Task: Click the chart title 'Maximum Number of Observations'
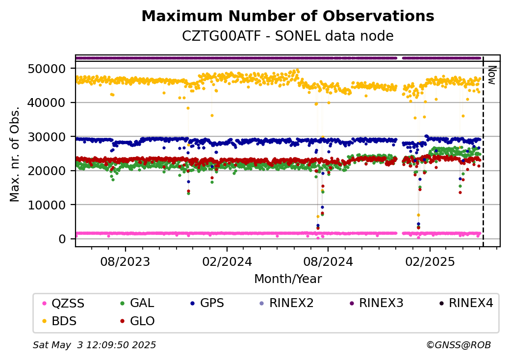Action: point(288,16)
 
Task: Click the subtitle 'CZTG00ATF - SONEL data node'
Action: point(288,36)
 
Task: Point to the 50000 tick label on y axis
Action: point(47,69)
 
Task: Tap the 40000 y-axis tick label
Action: point(47,103)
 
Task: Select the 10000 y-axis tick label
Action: point(47,205)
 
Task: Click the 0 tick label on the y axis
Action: point(62,239)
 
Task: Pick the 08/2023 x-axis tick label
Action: point(125,261)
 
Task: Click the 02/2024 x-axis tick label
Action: point(227,261)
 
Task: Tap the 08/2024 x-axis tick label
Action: point(328,261)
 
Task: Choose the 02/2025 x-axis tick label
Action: point(430,261)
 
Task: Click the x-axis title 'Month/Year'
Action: point(288,279)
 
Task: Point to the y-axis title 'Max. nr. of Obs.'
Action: point(15,154)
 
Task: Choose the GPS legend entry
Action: point(207,303)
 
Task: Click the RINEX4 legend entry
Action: point(466,303)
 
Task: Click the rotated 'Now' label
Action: point(492,75)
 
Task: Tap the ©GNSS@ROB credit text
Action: point(459,345)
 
